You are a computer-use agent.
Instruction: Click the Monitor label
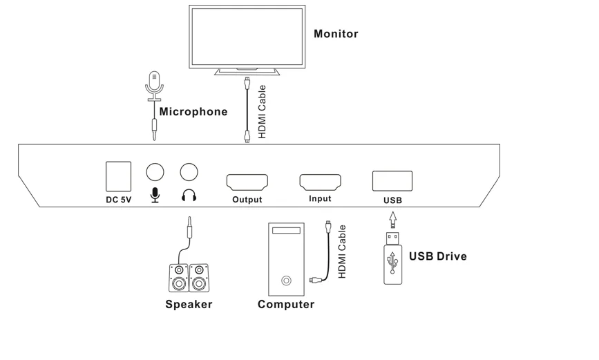[x=336, y=33]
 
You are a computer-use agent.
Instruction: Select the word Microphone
[x=193, y=111]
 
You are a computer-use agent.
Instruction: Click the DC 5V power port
[x=118, y=176]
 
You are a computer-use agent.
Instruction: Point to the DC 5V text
[x=118, y=200]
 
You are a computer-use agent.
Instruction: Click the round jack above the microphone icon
[x=155, y=172]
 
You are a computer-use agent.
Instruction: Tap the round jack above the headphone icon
[x=189, y=172]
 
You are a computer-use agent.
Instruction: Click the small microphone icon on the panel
[x=155, y=196]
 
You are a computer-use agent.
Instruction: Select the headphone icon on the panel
[x=189, y=196]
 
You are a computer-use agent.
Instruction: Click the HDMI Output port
[x=247, y=182]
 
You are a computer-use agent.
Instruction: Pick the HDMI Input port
[x=320, y=182]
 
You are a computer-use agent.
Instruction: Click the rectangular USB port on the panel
[x=392, y=181]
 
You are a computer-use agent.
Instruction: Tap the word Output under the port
[x=247, y=200]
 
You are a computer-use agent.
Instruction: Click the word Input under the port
[x=320, y=199]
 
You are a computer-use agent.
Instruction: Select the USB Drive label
[x=438, y=256]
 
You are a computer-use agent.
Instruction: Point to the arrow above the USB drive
[x=393, y=219]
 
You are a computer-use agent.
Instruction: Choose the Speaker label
[x=189, y=304]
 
